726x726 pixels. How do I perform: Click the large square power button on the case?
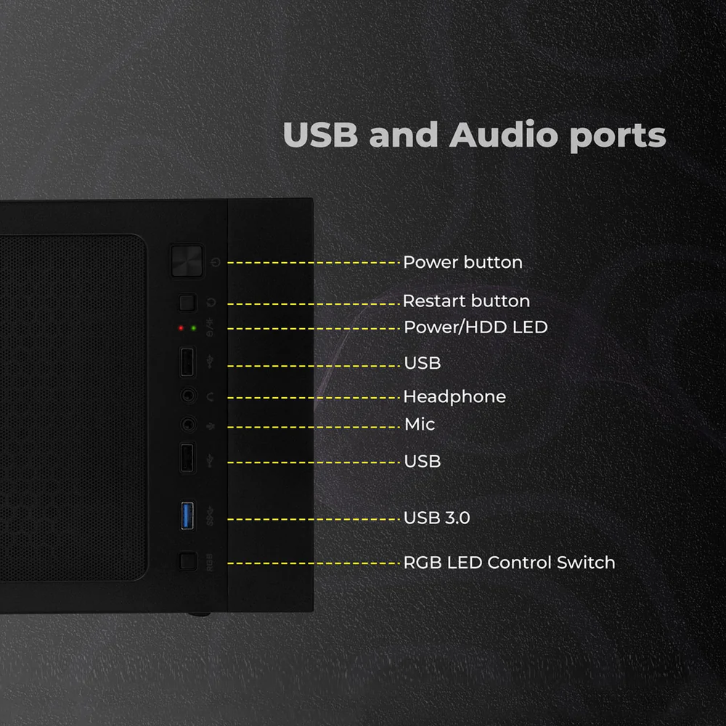click(187, 261)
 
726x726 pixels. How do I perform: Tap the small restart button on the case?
click(187, 302)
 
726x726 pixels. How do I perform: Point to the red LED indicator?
click(181, 328)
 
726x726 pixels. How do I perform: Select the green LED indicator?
click(194, 328)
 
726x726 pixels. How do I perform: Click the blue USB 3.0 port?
click(187, 515)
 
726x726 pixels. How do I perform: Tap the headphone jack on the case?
click(188, 396)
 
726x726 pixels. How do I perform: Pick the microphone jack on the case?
click(188, 424)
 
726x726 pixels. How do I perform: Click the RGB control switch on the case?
click(188, 561)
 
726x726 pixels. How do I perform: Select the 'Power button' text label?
click(462, 263)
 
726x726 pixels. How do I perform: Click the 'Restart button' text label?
click(466, 301)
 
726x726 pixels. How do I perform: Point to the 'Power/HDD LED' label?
click(476, 327)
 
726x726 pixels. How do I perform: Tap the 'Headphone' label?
click(454, 397)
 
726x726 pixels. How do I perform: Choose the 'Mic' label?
click(420, 424)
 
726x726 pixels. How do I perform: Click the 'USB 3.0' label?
click(436, 518)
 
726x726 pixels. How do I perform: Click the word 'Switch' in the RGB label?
click(586, 563)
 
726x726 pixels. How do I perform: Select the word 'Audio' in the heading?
click(504, 135)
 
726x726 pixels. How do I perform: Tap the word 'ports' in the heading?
click(618, 137)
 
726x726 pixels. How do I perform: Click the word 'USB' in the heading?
click(320, 135)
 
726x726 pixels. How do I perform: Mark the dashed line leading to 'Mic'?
click(314, 427)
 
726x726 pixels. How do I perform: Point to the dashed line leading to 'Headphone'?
click(314, 398)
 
